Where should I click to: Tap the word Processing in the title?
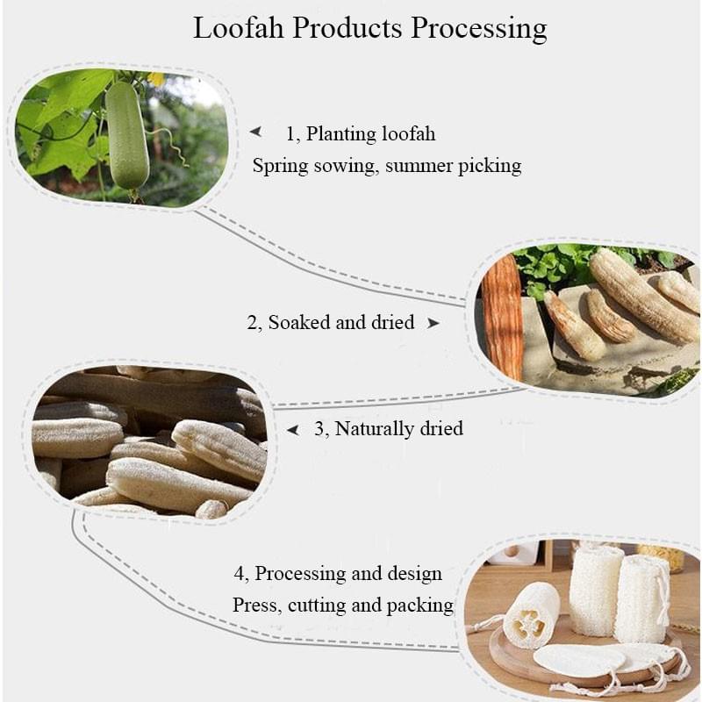(x=479, y=29)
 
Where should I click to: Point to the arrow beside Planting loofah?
(x=255, y=133)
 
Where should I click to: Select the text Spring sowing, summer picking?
(x=386, y=165)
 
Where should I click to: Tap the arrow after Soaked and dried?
(x=433, y=323)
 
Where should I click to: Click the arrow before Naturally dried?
(x=294, y=430)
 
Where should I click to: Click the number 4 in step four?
(x=240, y=574)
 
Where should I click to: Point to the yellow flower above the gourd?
(x=156, y=79)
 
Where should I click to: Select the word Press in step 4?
(x=254, y=605)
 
